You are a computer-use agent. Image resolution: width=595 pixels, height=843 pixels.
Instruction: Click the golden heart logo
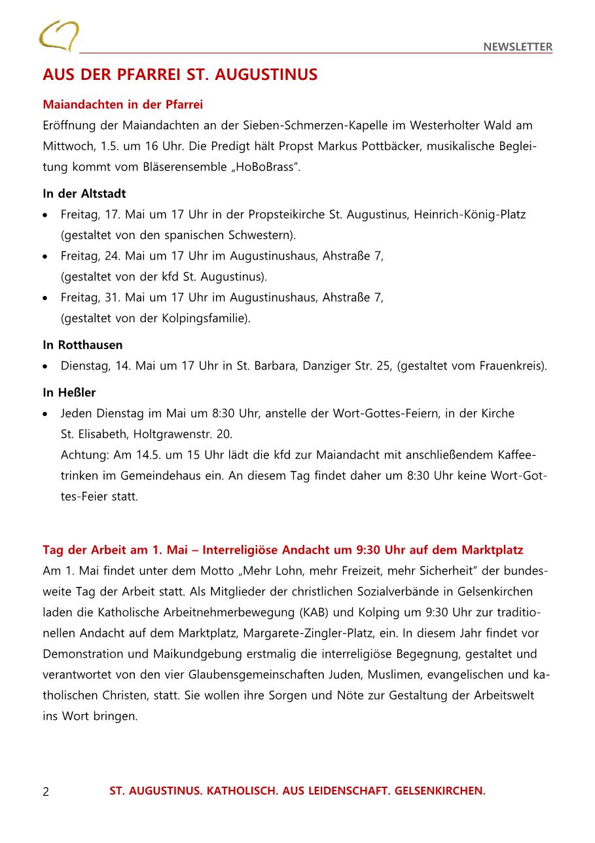click(x=58, y=35)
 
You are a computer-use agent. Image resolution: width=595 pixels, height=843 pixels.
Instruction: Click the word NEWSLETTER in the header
click(x=518, y=47)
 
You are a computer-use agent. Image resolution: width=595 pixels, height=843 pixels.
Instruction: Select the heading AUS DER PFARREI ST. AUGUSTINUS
click(x=180, y=75)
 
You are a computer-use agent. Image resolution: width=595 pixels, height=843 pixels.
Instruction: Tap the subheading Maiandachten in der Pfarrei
click(x=123, y=104)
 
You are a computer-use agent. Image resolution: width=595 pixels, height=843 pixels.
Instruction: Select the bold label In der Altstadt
click(x=84, y=193)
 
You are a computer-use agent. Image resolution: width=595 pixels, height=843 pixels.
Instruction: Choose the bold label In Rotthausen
click(x=82, y=345)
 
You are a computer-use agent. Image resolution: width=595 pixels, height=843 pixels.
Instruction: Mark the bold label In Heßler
click(x=69, y=392)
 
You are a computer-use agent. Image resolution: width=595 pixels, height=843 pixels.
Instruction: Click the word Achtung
click(x=81, y=455)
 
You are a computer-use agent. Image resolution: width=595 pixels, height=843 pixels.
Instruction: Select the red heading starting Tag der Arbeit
click(x=283, y=549)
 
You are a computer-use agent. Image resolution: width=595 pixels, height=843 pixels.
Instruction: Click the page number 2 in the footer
click(x=46, y=791)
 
